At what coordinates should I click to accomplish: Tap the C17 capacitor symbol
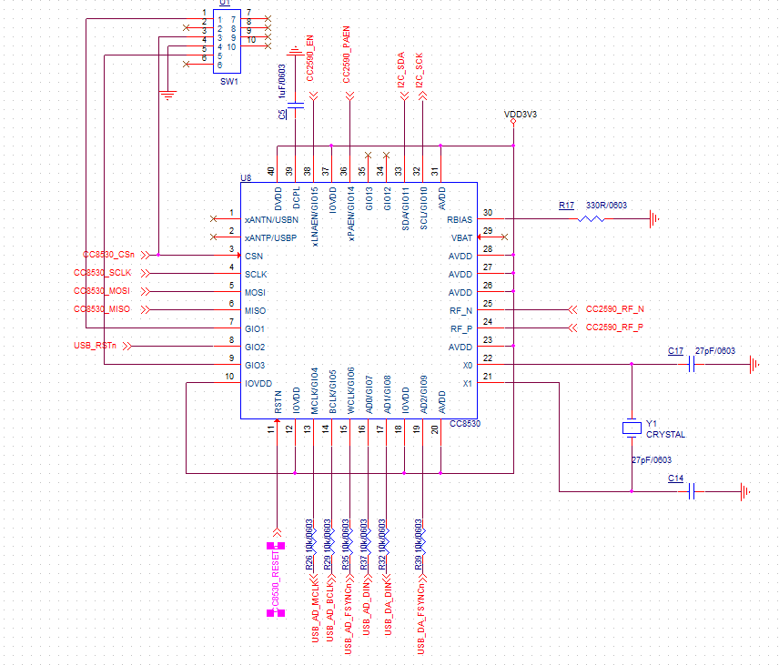pyautogui.click(x=693, y=364)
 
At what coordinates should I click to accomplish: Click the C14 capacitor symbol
pyautogui.click(x=693, y=491)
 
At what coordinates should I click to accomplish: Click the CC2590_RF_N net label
pyautogui.click(x=614, y=309)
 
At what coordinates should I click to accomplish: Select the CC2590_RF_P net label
pyautogui.click(x=614, y=327)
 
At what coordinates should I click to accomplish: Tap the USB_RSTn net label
pyautogui.click(x=95, y=346)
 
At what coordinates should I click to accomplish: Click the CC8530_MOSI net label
pyautogui.click(x=102, y=291)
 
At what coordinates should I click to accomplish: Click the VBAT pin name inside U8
pyautogui.click(x=461, y=237)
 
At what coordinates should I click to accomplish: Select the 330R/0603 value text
pyautogui.click(x=606, y=206)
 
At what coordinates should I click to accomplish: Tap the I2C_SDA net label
pyautogui.click(x=401, y=71)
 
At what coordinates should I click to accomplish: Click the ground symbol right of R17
pyautogui.click(x=653, y=218)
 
